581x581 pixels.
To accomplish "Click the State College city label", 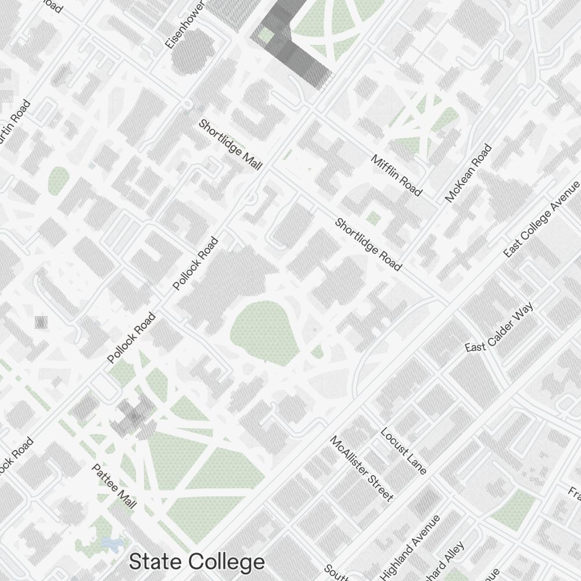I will click(196, 562).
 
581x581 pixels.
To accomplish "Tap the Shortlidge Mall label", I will click(230, 145).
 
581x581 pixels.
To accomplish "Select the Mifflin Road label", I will click(396, 175).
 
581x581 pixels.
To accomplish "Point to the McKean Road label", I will click(468, 173).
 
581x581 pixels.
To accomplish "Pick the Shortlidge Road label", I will click(368, 244).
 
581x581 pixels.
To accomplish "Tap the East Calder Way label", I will click(499, 327).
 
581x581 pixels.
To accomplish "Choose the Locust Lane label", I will click(404, 451).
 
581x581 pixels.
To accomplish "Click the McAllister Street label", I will click(361, 468).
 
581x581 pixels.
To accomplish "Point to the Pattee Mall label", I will click(114, 486).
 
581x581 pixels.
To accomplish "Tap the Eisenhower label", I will click(185, 24).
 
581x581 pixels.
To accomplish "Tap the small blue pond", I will click(111, 544).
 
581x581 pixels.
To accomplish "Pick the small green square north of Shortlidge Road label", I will click(373, 218).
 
